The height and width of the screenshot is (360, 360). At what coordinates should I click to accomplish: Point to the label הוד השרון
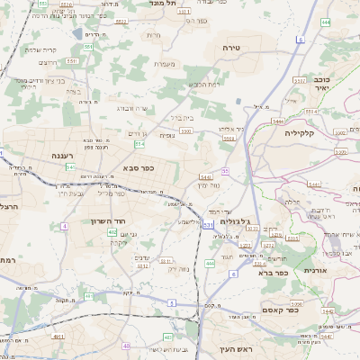(x=105, y=220)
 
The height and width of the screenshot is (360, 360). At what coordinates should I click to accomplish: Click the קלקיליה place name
(x=299, y=132)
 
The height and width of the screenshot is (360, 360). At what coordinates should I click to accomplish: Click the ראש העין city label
(x=238, y=348)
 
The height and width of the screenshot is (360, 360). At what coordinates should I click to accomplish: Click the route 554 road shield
(x=139, y=144)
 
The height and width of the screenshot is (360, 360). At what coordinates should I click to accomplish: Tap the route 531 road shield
(x=208, y=223)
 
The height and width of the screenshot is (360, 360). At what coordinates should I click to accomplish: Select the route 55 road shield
(x=225, y=170)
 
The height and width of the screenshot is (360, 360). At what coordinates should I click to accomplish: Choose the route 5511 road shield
(x=73, y=60)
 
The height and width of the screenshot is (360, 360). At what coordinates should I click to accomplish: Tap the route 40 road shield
(x=127, y=346)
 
